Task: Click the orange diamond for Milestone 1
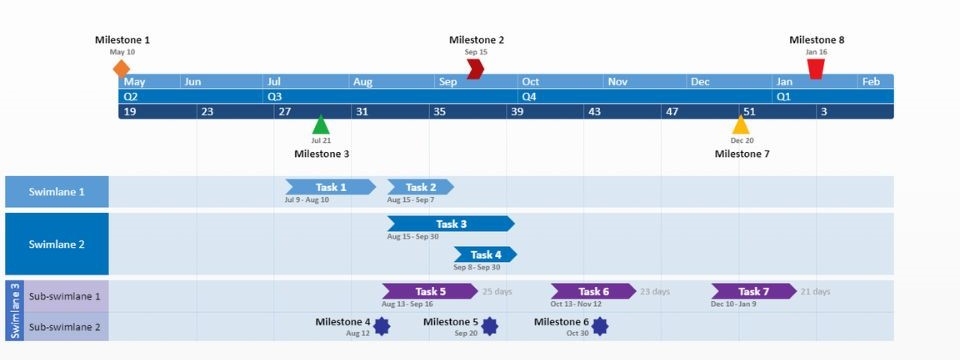coord(121,68)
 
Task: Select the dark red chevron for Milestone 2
coord(476,68)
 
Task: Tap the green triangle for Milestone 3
coord(320,125)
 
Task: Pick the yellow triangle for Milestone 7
coord(741,125)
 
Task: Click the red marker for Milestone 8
coord(816,68)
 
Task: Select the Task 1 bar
coord(330,187)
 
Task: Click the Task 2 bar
coord(420,187)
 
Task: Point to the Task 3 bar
coord(451,224)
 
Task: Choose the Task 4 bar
coord(485,254)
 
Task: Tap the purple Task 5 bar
coord(429,291)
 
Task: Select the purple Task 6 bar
coord(593,291)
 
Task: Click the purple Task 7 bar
coord(753,291)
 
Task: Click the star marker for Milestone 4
coord(382,326)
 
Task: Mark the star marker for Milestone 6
coord(599,326)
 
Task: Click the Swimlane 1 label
coord(56,192)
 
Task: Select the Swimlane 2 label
coord(56,244)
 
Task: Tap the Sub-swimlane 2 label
coord(65,327)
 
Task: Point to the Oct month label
coord(530,82)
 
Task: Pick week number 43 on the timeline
coord(594,112)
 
